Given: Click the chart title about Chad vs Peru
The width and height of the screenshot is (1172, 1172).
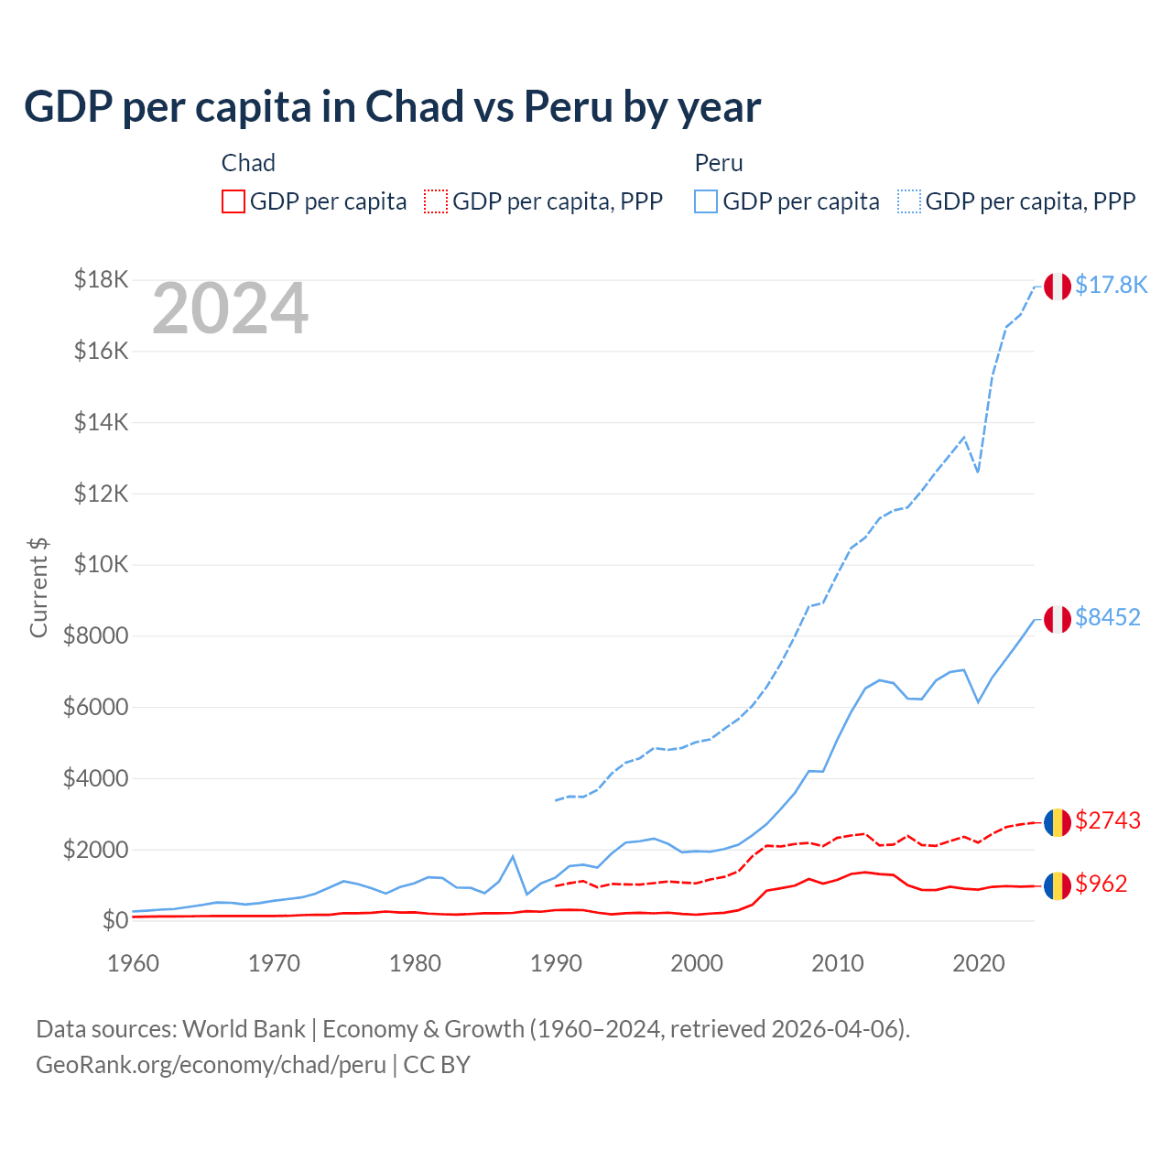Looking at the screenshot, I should point(392,107).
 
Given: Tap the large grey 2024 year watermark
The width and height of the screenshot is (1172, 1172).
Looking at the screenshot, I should point(230,309).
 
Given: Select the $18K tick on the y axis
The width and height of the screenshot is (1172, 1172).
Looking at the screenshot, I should point(101,279).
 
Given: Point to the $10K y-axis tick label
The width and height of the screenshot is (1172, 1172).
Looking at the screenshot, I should point(101,564).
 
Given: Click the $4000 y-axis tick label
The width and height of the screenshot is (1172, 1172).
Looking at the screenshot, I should point(95,778).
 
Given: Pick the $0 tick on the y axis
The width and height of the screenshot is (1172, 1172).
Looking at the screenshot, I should point(114,920).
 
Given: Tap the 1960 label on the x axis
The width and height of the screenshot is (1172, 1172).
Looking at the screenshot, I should point(134,963).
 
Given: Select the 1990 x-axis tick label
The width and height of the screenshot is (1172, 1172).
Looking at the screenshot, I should point(556,963).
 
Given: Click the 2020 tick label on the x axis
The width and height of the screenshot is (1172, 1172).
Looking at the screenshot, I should point(979,963).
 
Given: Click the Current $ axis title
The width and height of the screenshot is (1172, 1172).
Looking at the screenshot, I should point(38,588).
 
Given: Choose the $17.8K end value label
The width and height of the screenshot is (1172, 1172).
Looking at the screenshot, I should point(1111,286).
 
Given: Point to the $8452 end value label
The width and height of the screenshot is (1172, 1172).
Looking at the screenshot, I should point(1108,618).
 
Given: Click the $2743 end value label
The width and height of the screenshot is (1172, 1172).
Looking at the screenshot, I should point(1108,820).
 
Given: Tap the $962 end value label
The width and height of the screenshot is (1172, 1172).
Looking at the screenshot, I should point(1101,884).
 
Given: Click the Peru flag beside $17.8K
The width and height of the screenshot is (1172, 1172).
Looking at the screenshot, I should point(1058,287).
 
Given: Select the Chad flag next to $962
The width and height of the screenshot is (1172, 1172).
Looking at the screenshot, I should point(1058,885).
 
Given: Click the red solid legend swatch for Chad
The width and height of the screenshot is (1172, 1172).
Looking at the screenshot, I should point(233,201).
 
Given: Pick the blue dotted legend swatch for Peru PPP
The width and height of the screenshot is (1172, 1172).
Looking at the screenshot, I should point(909,201).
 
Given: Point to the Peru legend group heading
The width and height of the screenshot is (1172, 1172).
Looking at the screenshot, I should point(719,163).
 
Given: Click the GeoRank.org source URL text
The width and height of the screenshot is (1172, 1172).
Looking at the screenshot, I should point(211,1065).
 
